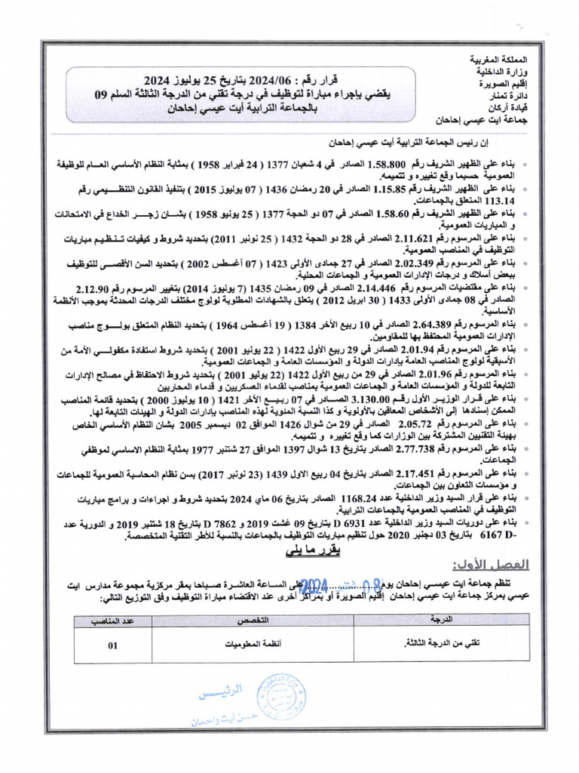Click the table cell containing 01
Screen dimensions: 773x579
[x=113, y=645]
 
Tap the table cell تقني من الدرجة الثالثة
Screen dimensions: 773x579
[x=440, y=645]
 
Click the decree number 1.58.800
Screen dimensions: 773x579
[x=385, y=163]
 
